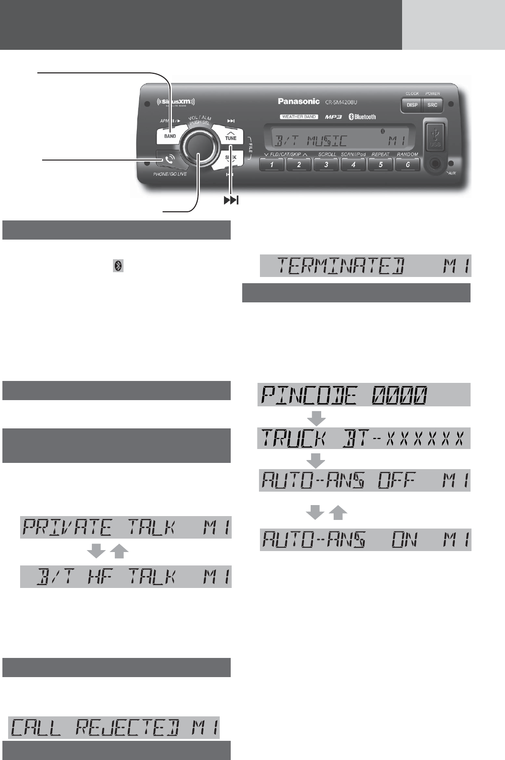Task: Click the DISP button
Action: [x=412, y=105]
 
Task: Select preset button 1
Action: [x=272, y=165]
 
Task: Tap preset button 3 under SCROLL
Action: [x=326, y=165]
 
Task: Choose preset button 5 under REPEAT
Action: [x=381, y=165]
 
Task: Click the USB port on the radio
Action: [x=435, y=135]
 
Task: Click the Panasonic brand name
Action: [x=299, y=101]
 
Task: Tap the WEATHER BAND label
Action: [x=299, y=117]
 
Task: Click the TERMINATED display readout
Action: [x=366, y=265]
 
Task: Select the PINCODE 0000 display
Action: [x=364, y=395]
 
